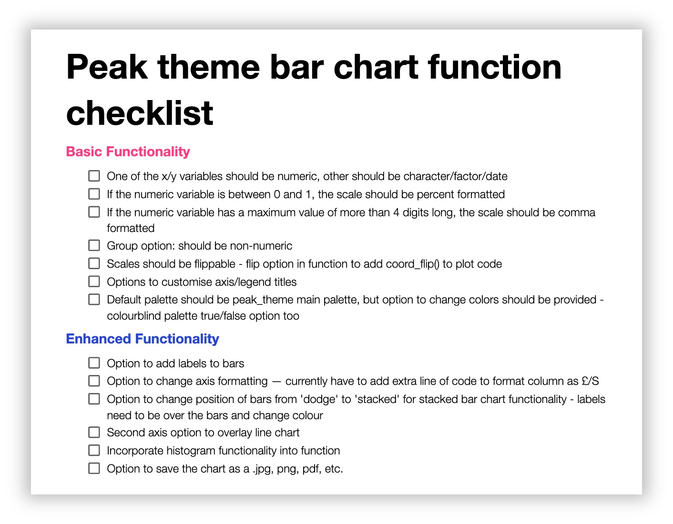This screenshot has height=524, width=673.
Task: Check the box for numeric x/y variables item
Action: (94, 176)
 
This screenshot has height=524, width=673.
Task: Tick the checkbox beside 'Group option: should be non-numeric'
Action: (94, 246)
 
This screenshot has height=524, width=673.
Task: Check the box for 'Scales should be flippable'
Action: (94, 264)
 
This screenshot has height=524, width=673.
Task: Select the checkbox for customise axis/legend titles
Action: (94, 282)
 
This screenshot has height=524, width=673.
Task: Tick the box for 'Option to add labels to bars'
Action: (94, 363)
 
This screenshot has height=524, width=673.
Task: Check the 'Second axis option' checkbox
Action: (94, 433)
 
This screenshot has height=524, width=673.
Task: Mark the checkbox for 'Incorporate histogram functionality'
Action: (94, 451)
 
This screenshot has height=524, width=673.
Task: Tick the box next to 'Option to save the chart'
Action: (94, 469)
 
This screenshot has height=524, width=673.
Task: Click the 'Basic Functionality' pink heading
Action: (128, 152)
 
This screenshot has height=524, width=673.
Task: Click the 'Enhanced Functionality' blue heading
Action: (143, 339)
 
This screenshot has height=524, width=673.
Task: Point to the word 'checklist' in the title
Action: (140, 113)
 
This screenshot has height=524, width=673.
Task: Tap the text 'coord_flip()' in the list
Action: (413, 264)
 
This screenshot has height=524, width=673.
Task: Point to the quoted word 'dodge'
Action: (318, 399)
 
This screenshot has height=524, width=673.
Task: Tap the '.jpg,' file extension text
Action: (263, 469)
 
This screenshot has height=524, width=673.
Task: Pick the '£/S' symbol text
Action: (590, 382)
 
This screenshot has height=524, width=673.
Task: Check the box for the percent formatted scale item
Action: (94, 194)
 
